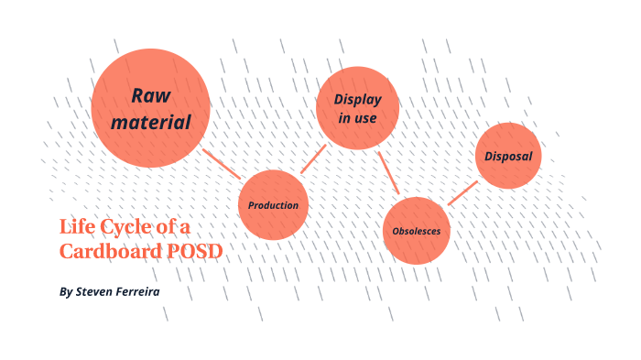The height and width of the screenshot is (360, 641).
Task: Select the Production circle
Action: pyautogui.click(x=273, y=204)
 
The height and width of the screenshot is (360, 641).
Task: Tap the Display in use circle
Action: pyautogui.click(x=357, y=108)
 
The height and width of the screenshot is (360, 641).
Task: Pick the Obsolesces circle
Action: pyautogui.click(x=416, y=230)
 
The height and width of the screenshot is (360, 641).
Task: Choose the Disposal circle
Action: pyautogui.click(x=508, y=156)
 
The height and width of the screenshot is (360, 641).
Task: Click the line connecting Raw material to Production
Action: pyautogui.click(x=222, y=163)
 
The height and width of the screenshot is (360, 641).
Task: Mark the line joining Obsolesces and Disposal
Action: pyautogui.click(x=462, y=192)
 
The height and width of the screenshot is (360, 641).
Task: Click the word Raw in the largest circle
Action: pyautogui.click(x=151, y=95)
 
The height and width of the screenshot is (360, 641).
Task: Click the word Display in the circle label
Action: pyautogui.click(x=357, y=99)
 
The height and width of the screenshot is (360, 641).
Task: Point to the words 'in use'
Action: pyautogui.click(x=357, y=118)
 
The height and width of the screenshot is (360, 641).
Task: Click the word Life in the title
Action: pyautogui.click(x=77, y=226)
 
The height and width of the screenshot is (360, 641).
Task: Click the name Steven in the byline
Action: pyautogui.click(x=100, y=292)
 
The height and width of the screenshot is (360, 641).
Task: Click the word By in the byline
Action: pyautogui.click(x=65, y=292)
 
